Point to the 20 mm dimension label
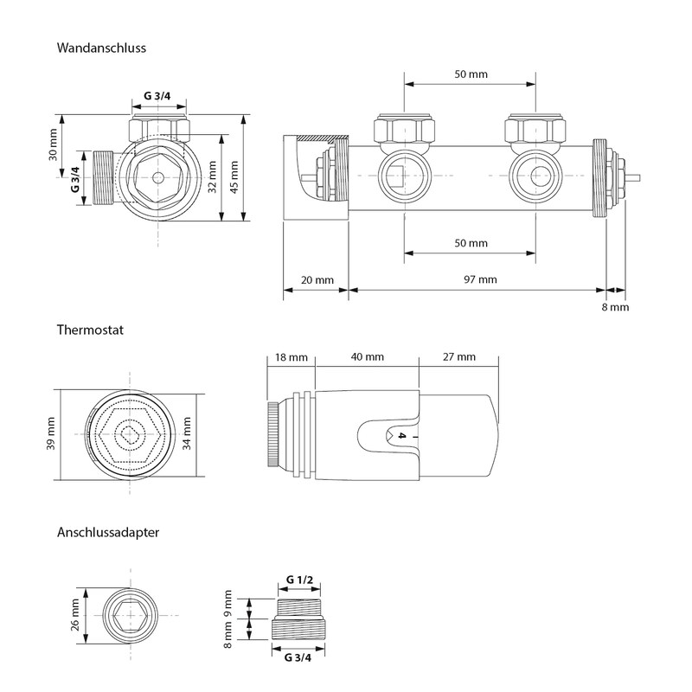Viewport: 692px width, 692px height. (317, 279)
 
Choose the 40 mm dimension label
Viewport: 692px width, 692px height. (368, 357)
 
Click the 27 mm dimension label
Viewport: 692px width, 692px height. (458, 357)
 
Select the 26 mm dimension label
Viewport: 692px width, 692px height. (74, 613)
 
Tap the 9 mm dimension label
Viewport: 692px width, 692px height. (229, 601)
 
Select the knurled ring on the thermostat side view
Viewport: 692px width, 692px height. (272, 435)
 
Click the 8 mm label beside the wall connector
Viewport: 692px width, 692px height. (615, 307)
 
